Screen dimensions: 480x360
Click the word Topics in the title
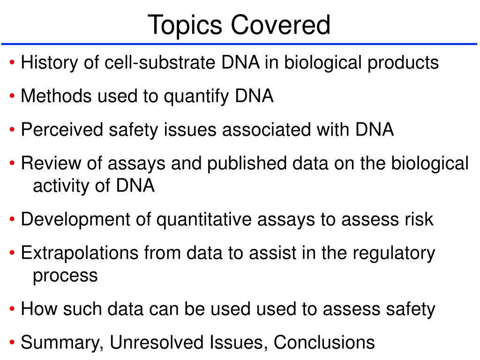pos(185,26)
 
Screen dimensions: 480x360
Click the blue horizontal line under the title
pos(239,44)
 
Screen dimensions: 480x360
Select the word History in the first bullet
pos(49,63)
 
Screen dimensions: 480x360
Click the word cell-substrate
pos(160,62)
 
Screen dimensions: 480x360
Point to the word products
pos(403,63)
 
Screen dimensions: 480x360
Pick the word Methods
pos(56,96)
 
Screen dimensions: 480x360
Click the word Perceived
pos(62,129)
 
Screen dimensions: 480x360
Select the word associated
pos(266,129)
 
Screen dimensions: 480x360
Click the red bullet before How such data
pos(12,308)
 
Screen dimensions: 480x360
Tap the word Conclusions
pos(324,342)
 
